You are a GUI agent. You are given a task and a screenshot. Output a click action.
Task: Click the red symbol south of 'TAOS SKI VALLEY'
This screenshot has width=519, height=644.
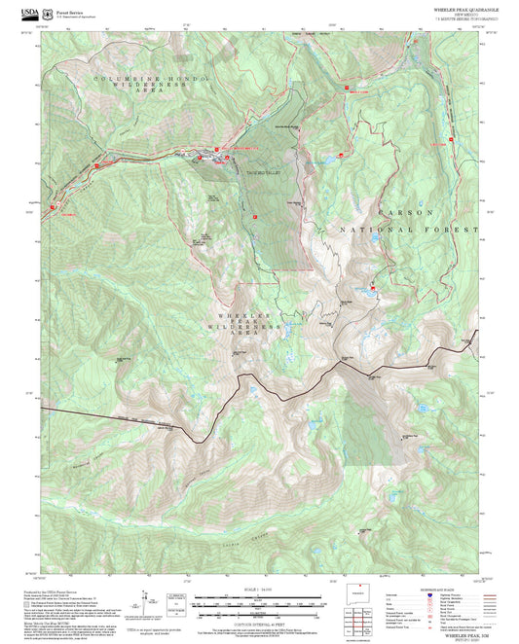254,217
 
